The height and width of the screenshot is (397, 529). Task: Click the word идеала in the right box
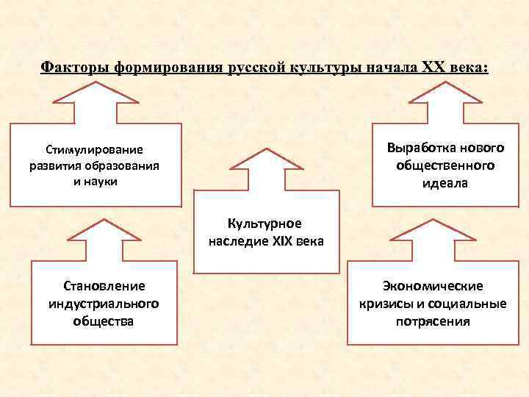click(x=445, y=182)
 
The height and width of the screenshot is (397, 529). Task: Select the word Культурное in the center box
click(x=265, y=223)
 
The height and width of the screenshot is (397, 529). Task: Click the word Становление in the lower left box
click(x=104, y=286)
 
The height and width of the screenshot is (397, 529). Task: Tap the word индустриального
click(x=104, y=304)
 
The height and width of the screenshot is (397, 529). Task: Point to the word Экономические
click(x=432, y=286)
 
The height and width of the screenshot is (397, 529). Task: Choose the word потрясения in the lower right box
click(x=432, y=321)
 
